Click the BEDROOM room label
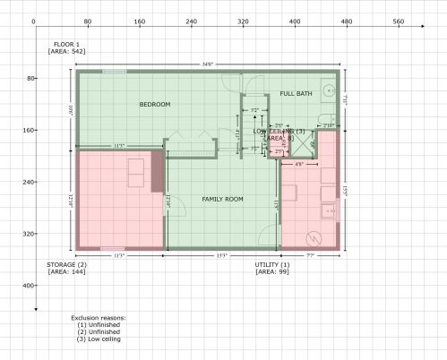[x=154, y=105]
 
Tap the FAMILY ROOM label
[x=222, y=198]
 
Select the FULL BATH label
[x=296, y=93]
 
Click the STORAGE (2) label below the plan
[x=66, y=265]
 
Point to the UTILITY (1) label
[x=272, y=265]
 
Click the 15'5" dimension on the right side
[x=344, y=191]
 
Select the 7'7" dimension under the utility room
[x=310, y=256]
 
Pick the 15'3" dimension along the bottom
[x=221, y=256]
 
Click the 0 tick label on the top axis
[x=33, y=21]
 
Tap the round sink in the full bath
[x=330, y=90]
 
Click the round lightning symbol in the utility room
[x=314, y=238]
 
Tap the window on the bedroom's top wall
[x=114, y=72]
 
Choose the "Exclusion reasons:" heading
[x=99, y=318]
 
